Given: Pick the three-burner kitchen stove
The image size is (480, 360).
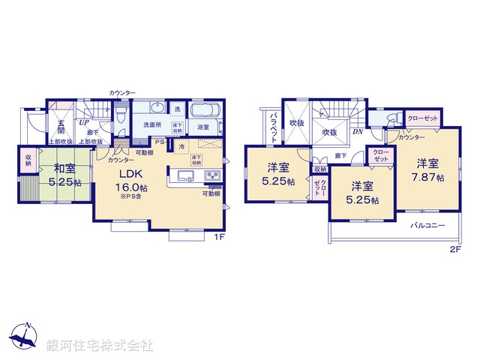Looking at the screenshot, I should click(211, 177).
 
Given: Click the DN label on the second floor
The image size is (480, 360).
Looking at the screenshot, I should click(358, 133).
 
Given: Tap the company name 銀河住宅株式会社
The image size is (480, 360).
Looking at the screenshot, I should click(100, 346).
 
